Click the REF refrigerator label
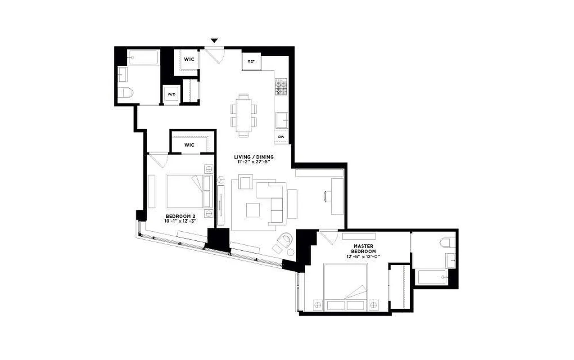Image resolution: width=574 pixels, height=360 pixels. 251,62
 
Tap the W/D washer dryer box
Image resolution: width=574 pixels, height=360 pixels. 172,94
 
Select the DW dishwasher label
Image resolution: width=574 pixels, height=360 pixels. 281,136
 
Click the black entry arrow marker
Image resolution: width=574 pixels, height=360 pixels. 214,41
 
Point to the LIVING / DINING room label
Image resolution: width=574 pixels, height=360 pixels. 253,157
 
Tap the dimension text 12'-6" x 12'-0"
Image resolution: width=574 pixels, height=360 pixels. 364,256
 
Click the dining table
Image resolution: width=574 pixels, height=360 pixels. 244,115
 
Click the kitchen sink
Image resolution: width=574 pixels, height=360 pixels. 283,121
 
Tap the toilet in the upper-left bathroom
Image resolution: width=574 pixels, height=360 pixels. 126,93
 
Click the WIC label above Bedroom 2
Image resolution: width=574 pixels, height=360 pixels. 189,145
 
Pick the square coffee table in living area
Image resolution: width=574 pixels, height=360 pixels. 253,210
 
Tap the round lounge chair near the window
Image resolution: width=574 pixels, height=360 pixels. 285,241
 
